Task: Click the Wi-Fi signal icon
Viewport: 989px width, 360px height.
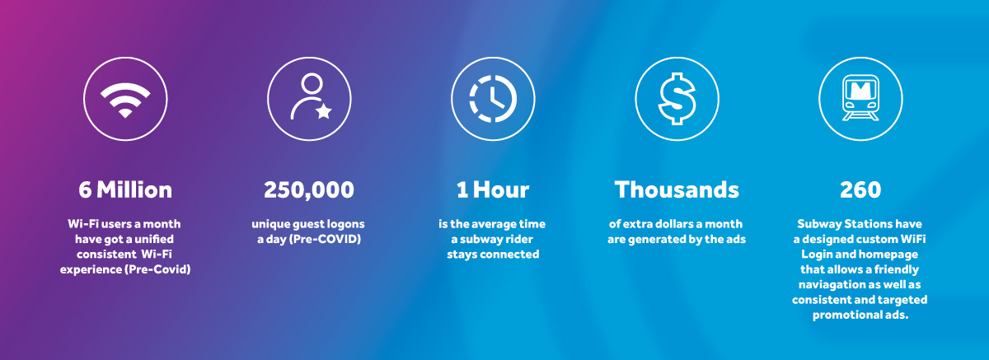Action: pyautogui.click(x=125, y=100)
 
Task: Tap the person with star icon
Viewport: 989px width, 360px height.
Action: pyautogui.click(x=311, y=96)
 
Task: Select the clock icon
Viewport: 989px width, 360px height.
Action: pyautogui.click(x=493, y=99)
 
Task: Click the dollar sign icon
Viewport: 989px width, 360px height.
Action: pyautogui.click(x=677, y=99)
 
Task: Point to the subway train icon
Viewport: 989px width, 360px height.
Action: pyautogui.click(x=860, y=97)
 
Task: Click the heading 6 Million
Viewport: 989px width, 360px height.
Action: pyautogui.click(x=125, y=189)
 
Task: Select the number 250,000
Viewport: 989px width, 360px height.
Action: pyautogui.click(x=309, y=190)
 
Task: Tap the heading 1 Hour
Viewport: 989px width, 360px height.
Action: pyautogui.click(x=493, y=189)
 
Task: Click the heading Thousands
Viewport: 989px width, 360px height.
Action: pyautogui.click(x=677, y=189)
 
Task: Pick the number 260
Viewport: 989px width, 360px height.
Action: pyautogui.click(x=860, y=189)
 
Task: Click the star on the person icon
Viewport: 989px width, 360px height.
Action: pyautogui.click(x=324, y=111)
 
